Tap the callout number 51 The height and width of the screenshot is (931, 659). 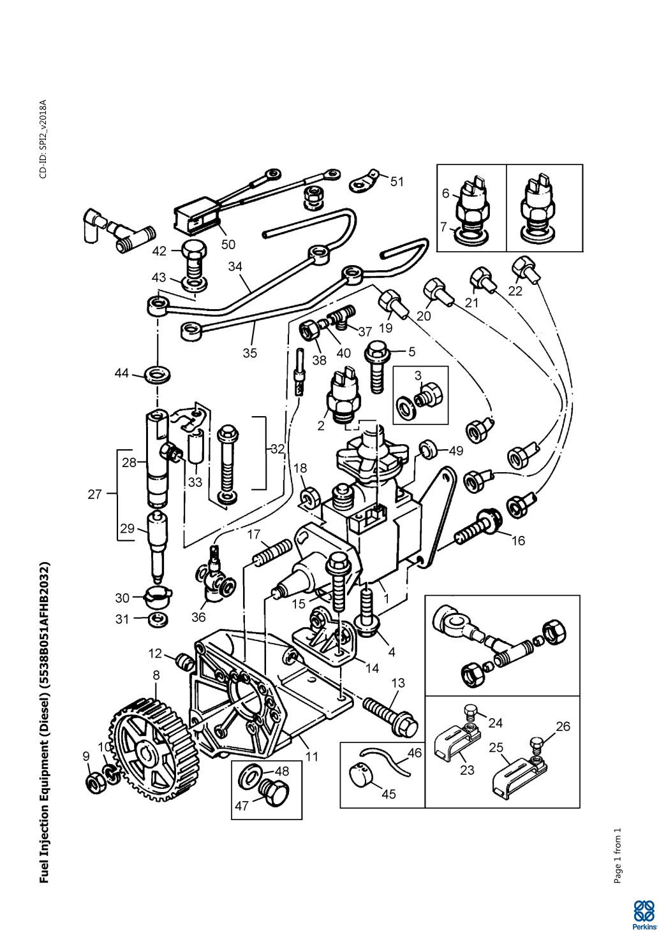pos(397,182)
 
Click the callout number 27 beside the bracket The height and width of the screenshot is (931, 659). pos(94,494)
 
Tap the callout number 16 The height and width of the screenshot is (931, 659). pos(519,540)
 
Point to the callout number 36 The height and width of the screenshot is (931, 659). pos(198,617)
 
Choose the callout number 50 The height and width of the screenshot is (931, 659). pos(228,244)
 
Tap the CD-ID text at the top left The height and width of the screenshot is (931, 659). pos(43,139)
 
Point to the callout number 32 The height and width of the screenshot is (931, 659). pos(278,449)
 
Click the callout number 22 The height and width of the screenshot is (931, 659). pos(515,291)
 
